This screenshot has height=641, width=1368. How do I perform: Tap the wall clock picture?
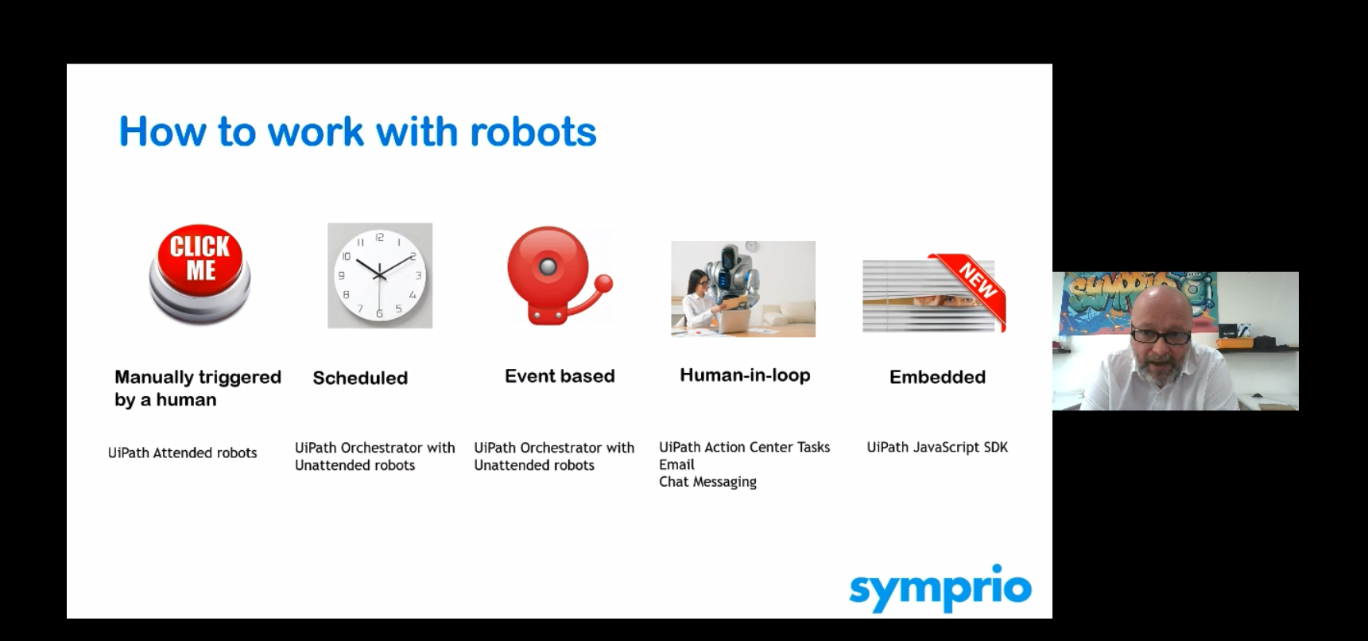[x=380, y=275]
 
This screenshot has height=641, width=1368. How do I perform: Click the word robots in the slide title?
[x=533, y=131]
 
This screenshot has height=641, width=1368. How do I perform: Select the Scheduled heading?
[x=360, y=378]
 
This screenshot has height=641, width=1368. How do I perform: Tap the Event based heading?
[x=560, y=376]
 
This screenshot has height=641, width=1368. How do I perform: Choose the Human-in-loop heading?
[x=745, y=375]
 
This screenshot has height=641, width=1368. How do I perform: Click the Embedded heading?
[x=937, y=377]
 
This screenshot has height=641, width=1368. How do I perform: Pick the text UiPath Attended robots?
[x=183, y=453]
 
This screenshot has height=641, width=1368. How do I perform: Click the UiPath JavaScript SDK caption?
[x=937, y=447]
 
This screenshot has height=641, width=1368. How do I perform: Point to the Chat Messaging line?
[x=707, y=482]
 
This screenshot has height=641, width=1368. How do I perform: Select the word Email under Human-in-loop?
[x=676, y=464]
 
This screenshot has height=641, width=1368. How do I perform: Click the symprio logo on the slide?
[x=940, y=589]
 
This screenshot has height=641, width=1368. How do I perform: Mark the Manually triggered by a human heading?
[x=198, y=388]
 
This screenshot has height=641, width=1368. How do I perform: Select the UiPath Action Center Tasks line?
[x=744, y=447]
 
